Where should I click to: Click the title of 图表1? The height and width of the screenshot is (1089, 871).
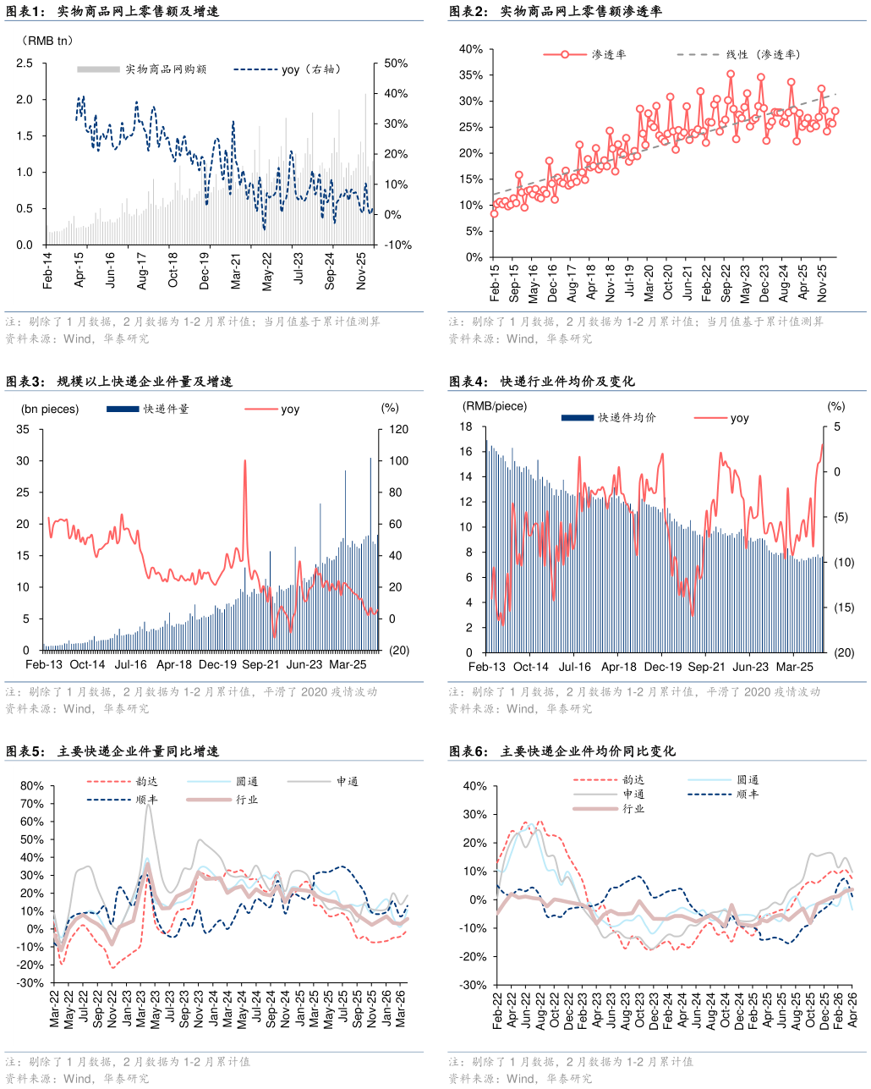coord(112,11)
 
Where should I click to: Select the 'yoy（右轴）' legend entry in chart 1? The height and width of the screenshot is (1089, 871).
coord(288,69)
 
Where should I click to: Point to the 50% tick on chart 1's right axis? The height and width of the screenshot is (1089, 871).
coord(396,63)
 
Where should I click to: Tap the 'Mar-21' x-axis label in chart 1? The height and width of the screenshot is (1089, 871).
coord(236,272)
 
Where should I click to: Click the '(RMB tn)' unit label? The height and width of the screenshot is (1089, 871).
coord(48,41)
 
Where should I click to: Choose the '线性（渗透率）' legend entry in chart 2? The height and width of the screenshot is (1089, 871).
coord(739,54)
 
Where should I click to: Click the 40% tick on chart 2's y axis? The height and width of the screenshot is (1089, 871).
coord(471,49)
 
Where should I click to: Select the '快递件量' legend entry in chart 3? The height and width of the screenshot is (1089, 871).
coord(148,409)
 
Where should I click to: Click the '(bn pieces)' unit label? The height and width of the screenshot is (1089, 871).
coord(50,409)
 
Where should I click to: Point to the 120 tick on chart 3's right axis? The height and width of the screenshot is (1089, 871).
coord(398,429)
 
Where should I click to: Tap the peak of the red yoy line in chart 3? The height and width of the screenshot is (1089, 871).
coord(245,460)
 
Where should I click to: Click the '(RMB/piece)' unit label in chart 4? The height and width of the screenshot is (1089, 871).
coord(495,406)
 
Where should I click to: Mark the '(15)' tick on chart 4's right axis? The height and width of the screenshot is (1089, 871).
coord(844,608)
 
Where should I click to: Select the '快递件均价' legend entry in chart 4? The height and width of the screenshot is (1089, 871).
coord(609,417)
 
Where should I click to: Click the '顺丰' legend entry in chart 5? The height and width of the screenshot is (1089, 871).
coord(123,800)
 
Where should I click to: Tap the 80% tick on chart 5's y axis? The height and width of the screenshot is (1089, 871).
coord(32,786)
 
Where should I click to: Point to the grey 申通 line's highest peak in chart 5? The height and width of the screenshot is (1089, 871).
coord(148,805)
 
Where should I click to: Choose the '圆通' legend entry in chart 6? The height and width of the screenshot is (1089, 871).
coord(724,780)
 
